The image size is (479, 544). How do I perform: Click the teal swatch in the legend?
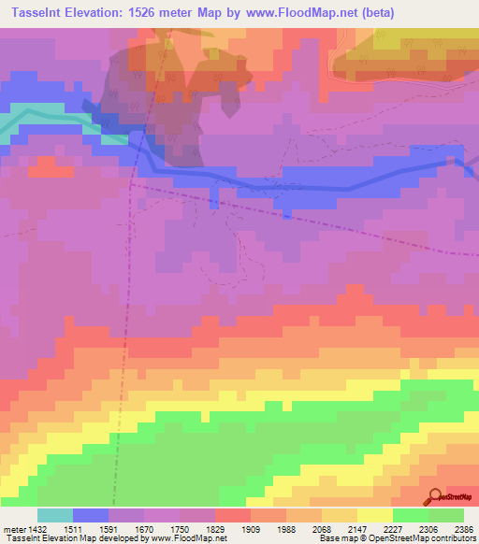click(x=54, y=515)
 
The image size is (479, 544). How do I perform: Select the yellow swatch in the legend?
click(x=374, y=515)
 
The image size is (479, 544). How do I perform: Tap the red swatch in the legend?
click(x=232, y=515)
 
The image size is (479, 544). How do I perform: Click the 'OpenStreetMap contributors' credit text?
click(x=435, y=538)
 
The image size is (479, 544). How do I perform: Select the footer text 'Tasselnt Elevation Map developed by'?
click(x=65, y=538)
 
